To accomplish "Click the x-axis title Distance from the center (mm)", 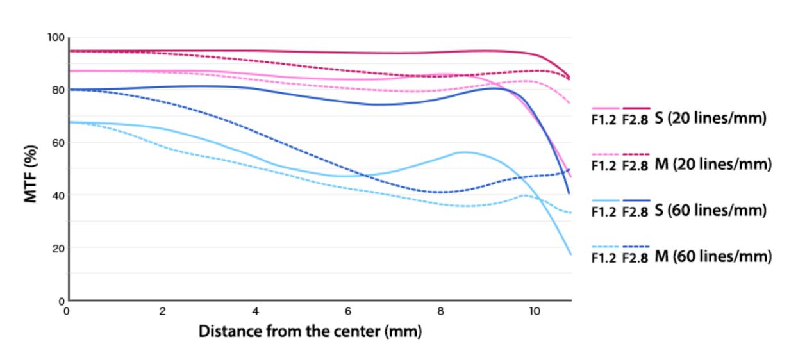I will click(310, 332).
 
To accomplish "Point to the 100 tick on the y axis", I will click(56, 37).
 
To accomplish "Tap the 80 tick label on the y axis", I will click(58, 90).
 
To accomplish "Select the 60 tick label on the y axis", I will click(58, 142).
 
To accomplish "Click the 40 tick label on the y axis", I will click(58, 195).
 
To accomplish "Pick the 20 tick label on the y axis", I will click(58, 247).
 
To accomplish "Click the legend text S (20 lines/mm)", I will click(709, 119).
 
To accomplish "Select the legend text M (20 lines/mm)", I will click(711, 165).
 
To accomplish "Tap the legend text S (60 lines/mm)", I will click(709, 211).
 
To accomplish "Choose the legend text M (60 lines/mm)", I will click(711, 256).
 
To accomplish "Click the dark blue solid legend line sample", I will click(636, 200).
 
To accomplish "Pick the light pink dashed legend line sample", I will click(606, 154).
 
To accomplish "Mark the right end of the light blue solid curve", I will click(570, 254).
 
